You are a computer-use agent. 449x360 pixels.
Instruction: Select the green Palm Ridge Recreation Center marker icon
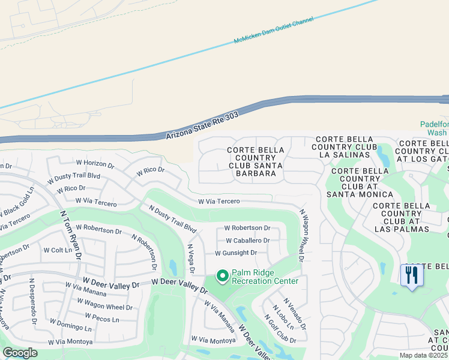(x=222, y=276)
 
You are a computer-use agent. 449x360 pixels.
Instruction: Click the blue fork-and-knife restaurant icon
(x=412, y=275)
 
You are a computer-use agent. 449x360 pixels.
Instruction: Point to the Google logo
(x=20, y=353)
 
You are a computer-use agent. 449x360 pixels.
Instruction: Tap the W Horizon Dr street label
(x=95, y=163)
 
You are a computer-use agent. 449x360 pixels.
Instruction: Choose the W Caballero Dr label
(x=247, y=241)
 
